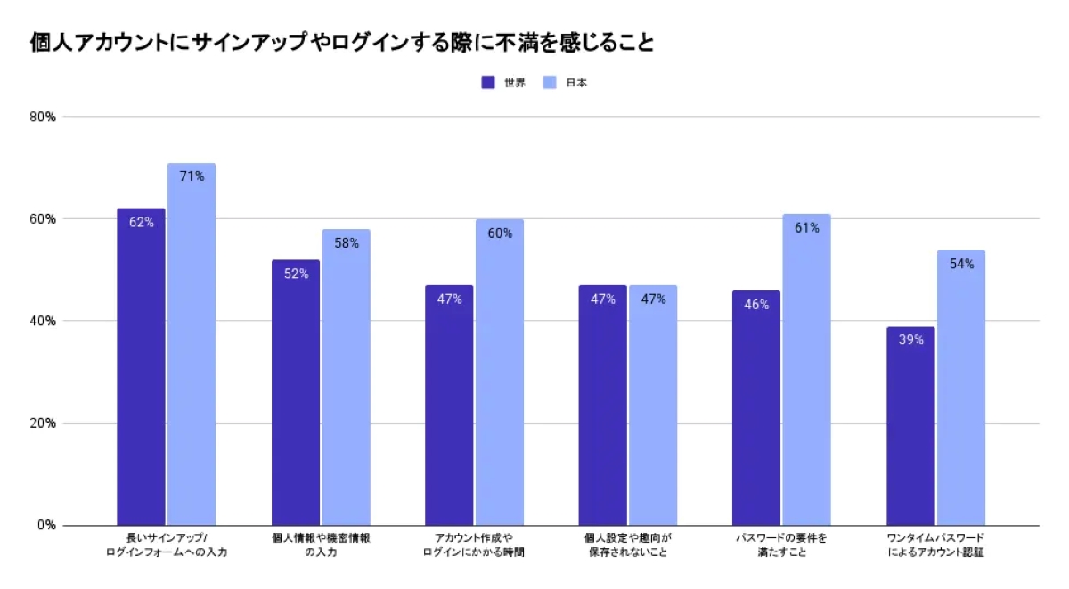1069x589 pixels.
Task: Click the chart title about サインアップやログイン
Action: click(342, 42)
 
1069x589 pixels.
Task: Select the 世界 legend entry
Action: click(504, 83)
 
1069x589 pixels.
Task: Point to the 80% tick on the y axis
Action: click(43, 117)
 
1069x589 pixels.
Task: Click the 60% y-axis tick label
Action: click(43, 219)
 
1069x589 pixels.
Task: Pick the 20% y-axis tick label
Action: click(43, 423)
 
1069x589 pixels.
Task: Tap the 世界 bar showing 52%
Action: click(295, 392)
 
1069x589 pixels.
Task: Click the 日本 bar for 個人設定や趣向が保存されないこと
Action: click(653, 405)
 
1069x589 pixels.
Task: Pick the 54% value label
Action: click(961, 264)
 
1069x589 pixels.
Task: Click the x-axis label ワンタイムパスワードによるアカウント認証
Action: click(935, 545)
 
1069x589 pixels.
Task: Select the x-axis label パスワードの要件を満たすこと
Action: click(781, 545)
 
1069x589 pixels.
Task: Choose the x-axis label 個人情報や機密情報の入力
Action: click(321, 545)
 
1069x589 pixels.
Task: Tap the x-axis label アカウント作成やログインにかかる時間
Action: click(474, 545)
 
